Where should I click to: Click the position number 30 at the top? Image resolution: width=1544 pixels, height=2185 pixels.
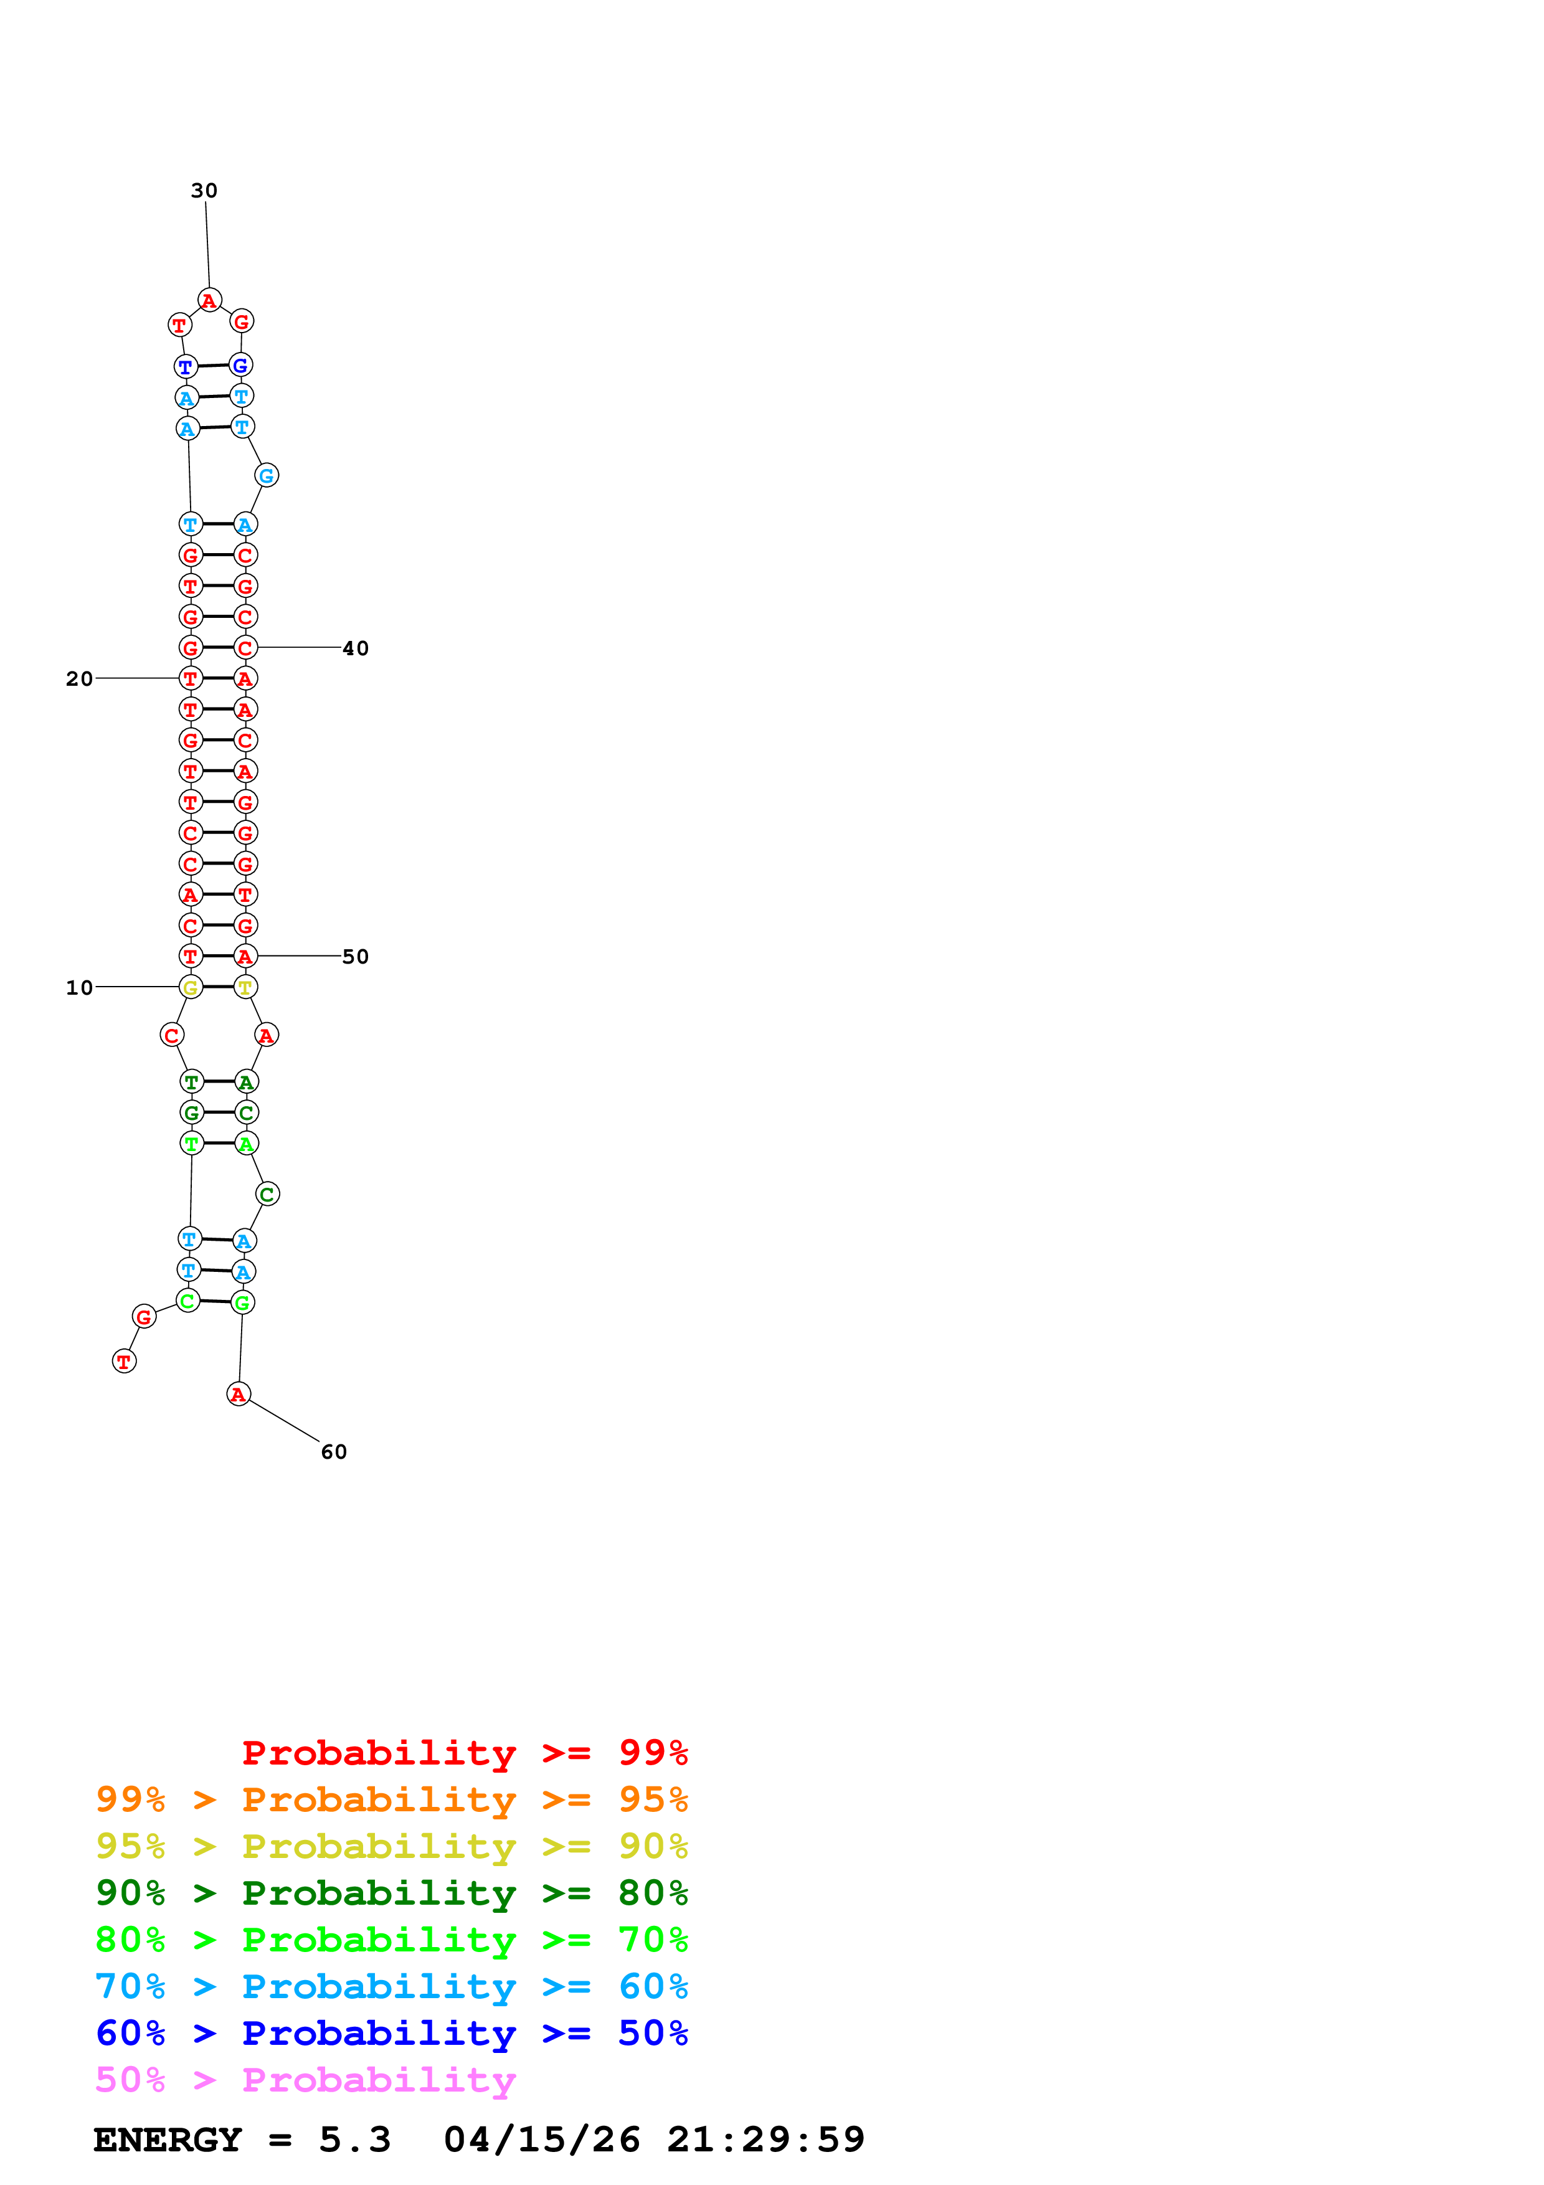[x=204, y=191]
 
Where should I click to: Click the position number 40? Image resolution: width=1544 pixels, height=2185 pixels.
[x=355, y=648]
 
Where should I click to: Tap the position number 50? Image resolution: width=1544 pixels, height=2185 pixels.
[x=355, y=957]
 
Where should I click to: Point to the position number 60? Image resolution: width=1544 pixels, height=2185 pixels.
[x=334, y=1451]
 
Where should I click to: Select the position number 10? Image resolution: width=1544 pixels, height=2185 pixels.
[x=79, y=988]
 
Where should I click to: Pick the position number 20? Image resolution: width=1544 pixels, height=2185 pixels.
[x=79, y=678]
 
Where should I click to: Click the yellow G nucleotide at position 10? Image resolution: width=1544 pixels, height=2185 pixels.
[x=190, y=988]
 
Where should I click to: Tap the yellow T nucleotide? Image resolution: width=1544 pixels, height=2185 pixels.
[x=245, y=988]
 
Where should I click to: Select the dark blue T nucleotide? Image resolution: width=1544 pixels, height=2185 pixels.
[x=186, y=366]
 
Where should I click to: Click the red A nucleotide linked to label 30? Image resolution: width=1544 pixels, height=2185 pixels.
[x=209, y=301]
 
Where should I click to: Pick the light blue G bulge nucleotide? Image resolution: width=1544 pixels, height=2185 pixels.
[x=267, y=476]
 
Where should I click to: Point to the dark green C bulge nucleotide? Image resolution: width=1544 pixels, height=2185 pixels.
[x=267, y=1194]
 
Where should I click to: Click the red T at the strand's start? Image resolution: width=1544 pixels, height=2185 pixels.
[x=124, y=1362]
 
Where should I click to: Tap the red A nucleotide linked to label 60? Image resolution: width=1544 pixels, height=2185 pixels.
[x=239, y=1394]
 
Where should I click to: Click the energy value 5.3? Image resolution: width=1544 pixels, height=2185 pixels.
[x=354, y=2140]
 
